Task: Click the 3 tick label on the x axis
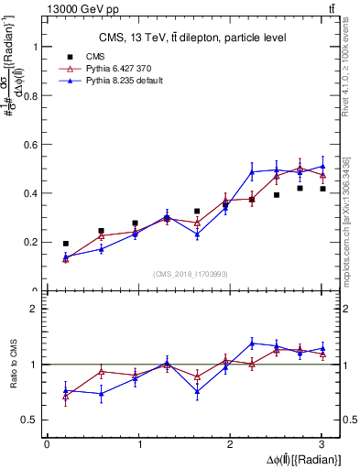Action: tap(322, 444)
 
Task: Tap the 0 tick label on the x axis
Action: tap(47, 444)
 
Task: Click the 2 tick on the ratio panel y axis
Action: tap(37, 309)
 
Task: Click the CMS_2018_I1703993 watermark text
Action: tap(192, 274)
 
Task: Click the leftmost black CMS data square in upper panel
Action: tap(65, 244)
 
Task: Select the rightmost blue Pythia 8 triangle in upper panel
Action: tap(322, 167)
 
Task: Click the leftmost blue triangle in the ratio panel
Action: tap(65, 390)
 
